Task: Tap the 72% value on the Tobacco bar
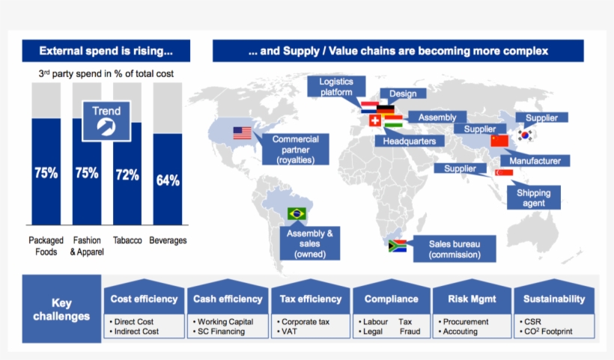(x=127, y=175)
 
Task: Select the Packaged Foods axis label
(x=46, y=245)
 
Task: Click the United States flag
(x=242, y=133)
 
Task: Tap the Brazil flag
(x=297, y=214)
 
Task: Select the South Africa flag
(x=397, y=245)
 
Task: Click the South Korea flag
(x=526, y=135)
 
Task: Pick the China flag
(x=499, y=141)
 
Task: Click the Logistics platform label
(x=336, y=87)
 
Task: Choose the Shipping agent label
(x=533, y=198)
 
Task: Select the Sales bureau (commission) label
(x=455, y=249)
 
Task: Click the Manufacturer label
(x=535, y=161)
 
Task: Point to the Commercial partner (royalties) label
(x=295, y=150)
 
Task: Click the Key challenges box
(x=62, y=309)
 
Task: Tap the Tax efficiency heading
(x=309, y=299)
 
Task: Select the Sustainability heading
(x=554, y=299)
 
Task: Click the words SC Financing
(x=220, y=332)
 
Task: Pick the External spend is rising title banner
(x=106, y=51)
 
